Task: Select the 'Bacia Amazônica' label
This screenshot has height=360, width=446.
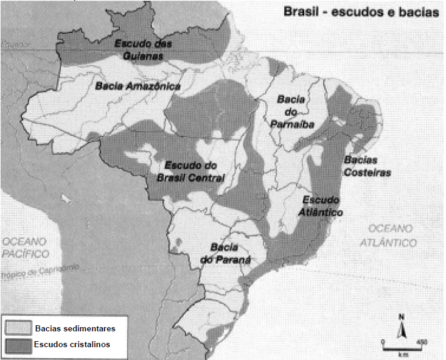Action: click(138, 86)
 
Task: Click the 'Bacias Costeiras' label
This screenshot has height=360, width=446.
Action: click(367, 166)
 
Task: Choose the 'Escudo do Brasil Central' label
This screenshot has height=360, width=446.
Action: click(195, 171)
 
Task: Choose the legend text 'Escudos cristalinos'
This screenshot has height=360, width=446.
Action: click(72, 344)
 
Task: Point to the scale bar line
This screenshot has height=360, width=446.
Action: click(401, 347)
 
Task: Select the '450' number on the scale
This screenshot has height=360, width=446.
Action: click(420, 341)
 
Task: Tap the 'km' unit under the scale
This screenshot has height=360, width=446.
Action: click(402, 355)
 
